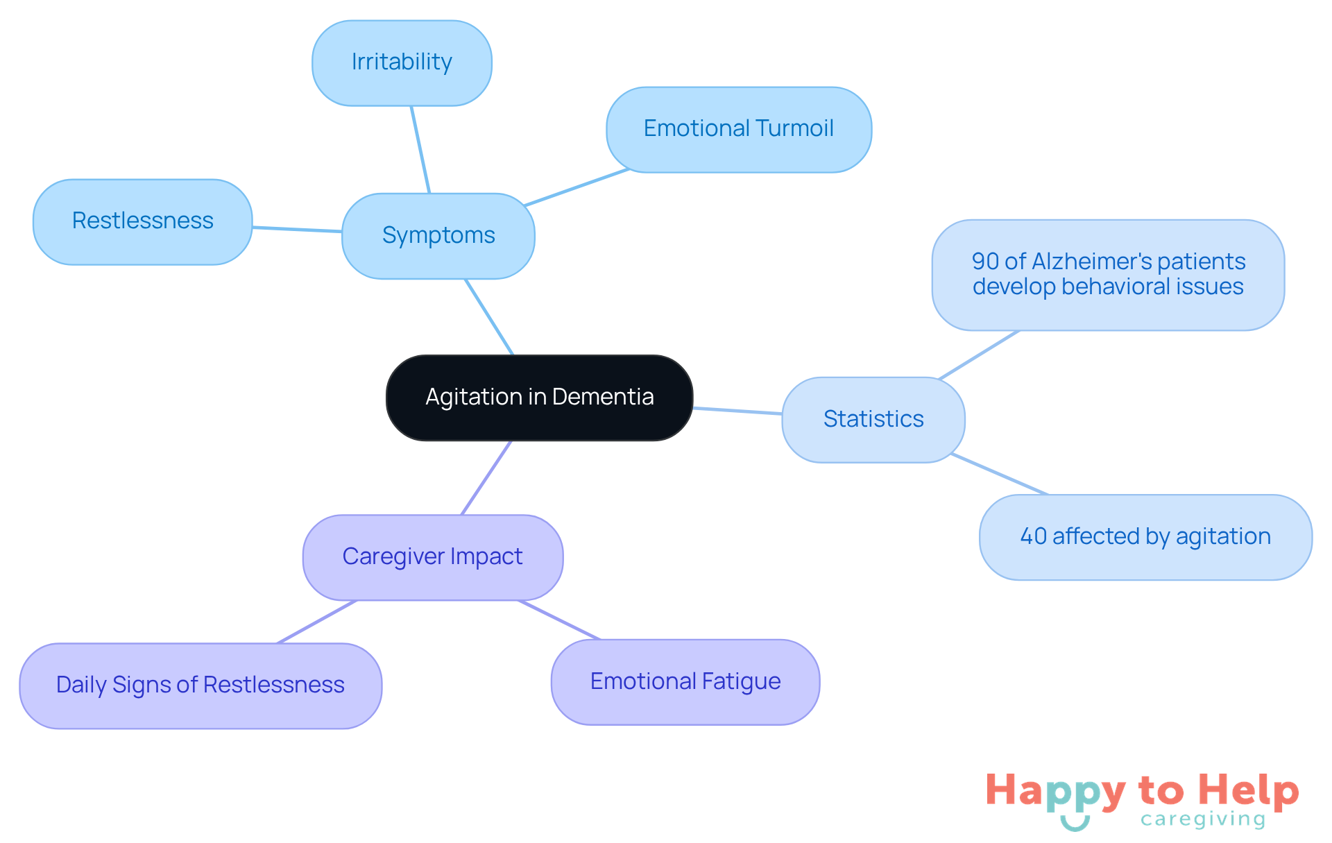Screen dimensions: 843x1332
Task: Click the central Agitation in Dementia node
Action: point(539,398)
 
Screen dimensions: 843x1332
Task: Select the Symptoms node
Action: point(438,236)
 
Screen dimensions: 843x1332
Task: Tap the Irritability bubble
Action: point(402,62)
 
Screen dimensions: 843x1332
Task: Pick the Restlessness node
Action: point(142,221)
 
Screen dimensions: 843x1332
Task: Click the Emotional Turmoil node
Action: point(738,129)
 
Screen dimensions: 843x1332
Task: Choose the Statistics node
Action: point(873,419)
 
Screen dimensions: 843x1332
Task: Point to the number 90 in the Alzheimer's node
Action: point(985,262)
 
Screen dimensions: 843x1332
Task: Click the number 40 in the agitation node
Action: point(1033,536)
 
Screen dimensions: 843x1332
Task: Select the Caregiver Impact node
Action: point(432,556)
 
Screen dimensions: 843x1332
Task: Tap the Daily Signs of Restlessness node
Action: point(200,685)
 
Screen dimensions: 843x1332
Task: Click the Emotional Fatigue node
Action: point(685,681)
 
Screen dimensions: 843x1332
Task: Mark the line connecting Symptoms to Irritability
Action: point(420,149)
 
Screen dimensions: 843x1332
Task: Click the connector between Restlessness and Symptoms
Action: point(297,229)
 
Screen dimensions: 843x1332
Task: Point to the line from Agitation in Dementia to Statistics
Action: point(737,411)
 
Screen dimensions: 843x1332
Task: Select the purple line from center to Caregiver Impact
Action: point(486,477)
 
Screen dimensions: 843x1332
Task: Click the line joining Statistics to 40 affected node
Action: point(999,474)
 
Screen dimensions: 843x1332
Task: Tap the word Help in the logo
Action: point(1248,791)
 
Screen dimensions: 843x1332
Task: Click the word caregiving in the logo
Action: point(1203,819)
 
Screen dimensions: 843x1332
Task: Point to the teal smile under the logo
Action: point(1075,824)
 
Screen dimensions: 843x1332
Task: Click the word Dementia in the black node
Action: point(603,397)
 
